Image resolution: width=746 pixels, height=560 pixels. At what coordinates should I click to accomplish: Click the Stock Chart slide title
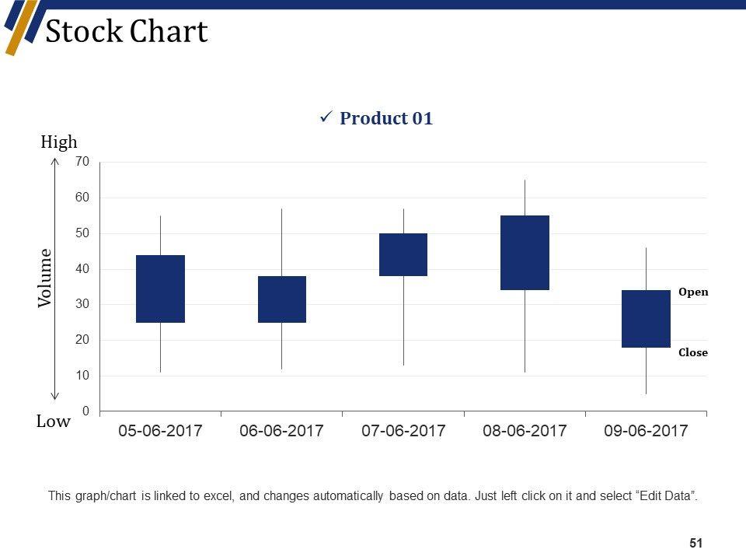click(127, 32)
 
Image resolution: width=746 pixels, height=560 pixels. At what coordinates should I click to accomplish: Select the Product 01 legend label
click(386, 119)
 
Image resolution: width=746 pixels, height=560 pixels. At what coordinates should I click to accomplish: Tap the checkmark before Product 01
click(326, 117)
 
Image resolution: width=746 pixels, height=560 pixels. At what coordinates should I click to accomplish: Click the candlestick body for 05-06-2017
click(160, 289)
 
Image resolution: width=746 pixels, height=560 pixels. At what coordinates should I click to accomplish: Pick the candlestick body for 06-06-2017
click(281, 299)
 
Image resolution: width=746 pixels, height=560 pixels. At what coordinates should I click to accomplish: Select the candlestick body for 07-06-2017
click(403, 254)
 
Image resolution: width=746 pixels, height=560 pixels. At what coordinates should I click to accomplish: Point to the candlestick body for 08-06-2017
click(525, 253)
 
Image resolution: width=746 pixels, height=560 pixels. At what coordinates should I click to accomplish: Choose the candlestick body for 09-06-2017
click(646, 319)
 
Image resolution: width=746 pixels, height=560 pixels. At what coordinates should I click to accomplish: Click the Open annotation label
click(693, 292)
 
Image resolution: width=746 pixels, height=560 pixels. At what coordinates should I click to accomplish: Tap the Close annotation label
click(693, 352)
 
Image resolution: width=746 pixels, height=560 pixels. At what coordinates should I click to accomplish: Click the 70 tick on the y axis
click(83, 162)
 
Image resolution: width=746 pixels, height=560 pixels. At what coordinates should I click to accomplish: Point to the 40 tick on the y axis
click(83, 269)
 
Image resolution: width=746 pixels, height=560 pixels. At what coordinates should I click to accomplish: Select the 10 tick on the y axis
click(83, 376)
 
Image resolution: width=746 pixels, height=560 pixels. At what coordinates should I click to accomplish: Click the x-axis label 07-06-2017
click(403, 431)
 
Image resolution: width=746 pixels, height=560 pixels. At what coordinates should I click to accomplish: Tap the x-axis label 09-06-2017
click(646, 431)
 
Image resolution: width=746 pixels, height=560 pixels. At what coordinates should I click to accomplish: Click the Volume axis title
click(46, 278)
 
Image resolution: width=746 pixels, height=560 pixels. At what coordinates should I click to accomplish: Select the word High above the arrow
click(59, 142)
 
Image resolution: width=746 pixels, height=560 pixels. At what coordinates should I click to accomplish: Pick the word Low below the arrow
click(54, 422)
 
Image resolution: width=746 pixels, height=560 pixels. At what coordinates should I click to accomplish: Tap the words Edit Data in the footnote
click(667, 495)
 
